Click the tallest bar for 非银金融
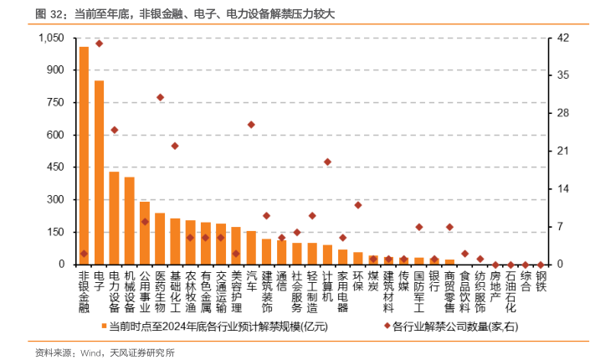(84, 156)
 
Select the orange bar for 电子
(99, 172)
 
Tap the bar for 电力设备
(114, 218)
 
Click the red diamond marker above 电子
(99, 44)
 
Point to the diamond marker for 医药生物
(160, 97)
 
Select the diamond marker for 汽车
(251, 125)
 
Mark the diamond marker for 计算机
(327, 162)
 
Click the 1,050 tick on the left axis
(52, 39)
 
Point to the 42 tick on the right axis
(563, 39)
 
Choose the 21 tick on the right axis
(563, 152)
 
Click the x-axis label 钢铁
(541, 282)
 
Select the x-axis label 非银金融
(84, 291)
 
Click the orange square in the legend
(105, 326)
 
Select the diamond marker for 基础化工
(175, 146)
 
